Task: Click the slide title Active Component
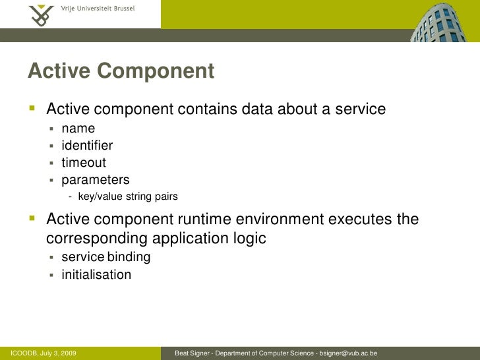(121, 71)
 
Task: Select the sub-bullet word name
(78, 128)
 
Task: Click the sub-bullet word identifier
(87, 145)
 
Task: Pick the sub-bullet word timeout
(84, 162)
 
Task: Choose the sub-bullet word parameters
(96, 179)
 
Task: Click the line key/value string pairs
(127, 196)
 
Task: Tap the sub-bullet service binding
(105, 257)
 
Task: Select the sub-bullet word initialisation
(96, 274)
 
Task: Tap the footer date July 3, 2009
(58, 353)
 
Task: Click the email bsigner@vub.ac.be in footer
(347, 353)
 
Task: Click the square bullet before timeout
(52, 163)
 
